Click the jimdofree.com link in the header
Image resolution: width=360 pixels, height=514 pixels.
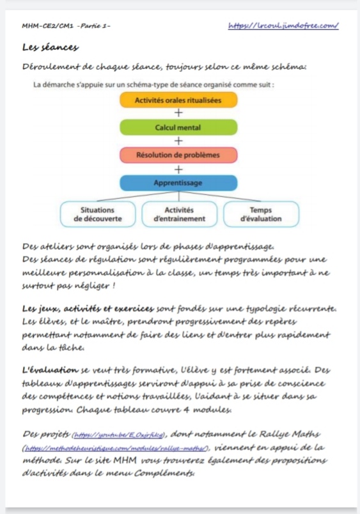pyautogui.click(x=283, y=26)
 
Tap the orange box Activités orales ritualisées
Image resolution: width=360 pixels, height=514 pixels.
pyautogui.click(x=178, y=100)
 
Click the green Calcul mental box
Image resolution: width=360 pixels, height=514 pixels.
pyautogui.click(x=178, y=128)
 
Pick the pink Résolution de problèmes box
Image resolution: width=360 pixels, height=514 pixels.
pyautogui.click(x=178, y=155)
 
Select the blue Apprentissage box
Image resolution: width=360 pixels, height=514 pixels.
pyautogui.click(x=178, y=183)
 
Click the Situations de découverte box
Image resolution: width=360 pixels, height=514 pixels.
pyautogui.click(x=98, y=214)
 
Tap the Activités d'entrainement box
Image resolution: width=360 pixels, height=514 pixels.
pyautogui.click(x=179, y=214)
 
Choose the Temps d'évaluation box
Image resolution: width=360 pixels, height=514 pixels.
pyautogui.click(x=260, y=214)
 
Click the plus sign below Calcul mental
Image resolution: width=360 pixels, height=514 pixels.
pyautogui.click(x=178, y=141)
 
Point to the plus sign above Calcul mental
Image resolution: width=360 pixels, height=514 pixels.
pyautogui.click(x=178, y=114)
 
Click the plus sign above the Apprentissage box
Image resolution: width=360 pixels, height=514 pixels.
pyautogui.click(x=178, y=169)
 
